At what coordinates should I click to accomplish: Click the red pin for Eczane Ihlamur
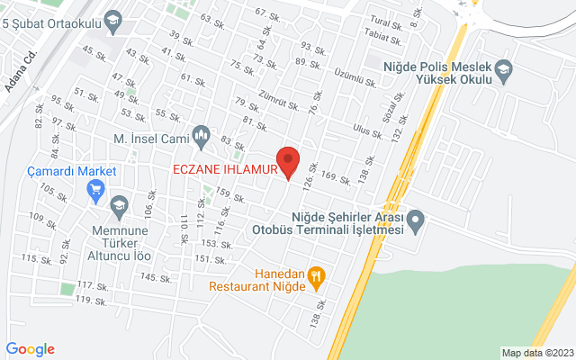pyautogui.click(x=287, y=160)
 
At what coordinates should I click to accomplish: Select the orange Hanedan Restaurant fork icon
pyautogui.click(x=316, y=277)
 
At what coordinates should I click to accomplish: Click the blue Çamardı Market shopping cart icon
pyautogui.click(x=95, y=189)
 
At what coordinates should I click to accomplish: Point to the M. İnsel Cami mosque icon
pyautogui.click(x=202, y=138)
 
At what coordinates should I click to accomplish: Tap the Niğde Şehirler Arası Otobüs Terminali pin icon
pyautogui.click(x=415, y=220)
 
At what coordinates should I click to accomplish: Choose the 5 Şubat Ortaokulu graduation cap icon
pyautogui.click(x=113, y=19)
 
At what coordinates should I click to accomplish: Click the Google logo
pyautogui.click(x=30, y=349)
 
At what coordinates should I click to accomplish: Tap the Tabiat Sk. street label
pyautogui.click(x=382, y=37)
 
